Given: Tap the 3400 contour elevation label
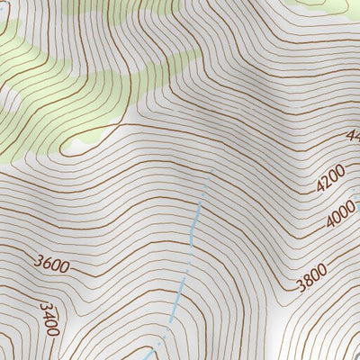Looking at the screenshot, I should point(49,318).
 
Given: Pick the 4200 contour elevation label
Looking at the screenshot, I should point(330,179).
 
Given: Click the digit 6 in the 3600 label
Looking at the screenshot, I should point(48,265).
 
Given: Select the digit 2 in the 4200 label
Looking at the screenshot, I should point(326,183).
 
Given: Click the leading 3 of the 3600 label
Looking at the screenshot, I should point(39,263).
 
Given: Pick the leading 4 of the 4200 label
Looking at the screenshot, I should point(319,188).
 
